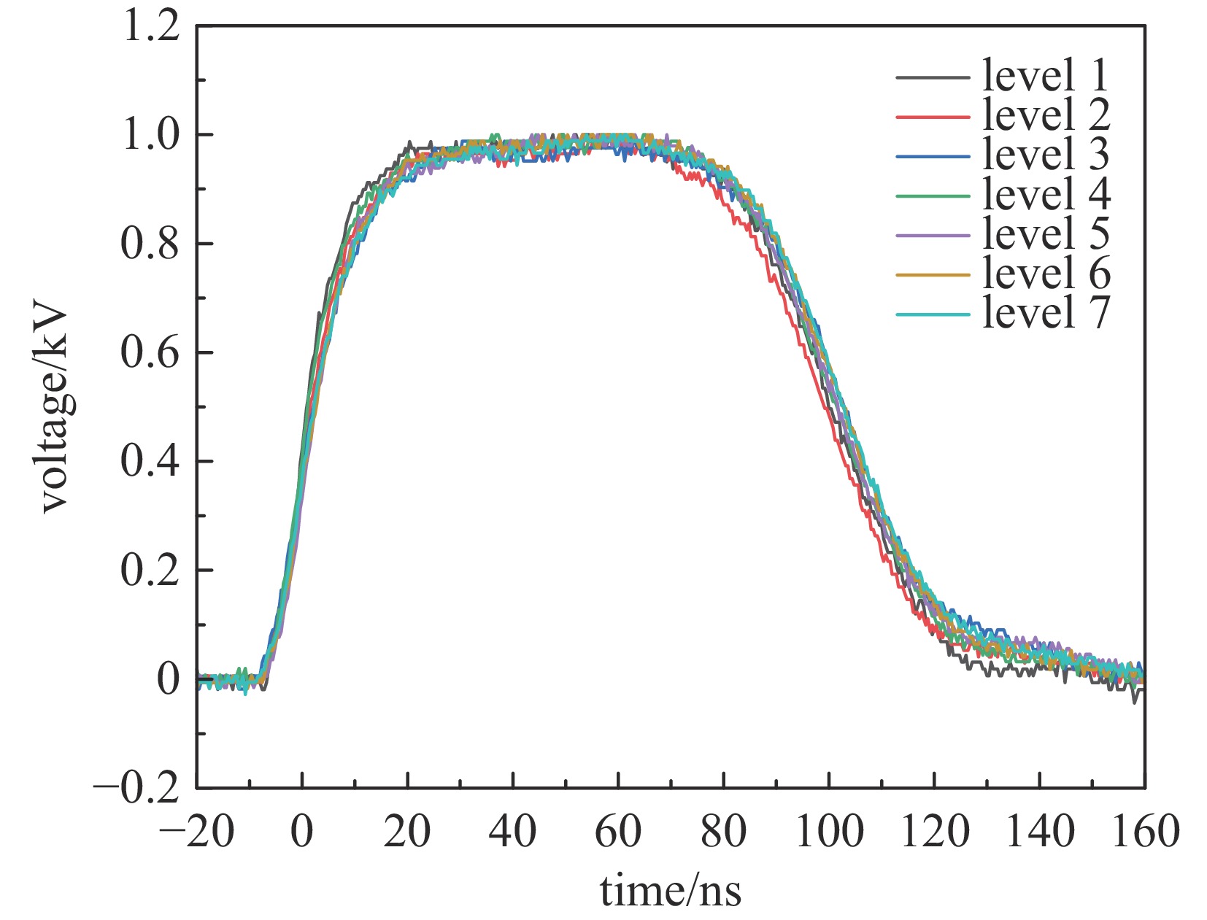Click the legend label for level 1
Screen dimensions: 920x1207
pos(1045,76)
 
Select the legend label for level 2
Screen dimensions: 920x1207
pos(1045,115)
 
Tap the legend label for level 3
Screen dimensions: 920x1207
pos(1045,155)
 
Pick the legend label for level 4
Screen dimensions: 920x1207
pos(1045,194)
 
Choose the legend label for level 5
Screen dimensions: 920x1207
pos(1045,233)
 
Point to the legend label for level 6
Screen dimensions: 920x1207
pos(1045,273)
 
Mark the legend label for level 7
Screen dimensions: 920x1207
pos(1045,312)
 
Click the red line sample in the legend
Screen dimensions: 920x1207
pos(933,117)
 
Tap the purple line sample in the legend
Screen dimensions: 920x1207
pos(933,236)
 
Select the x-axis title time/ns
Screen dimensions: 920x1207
pos(671,892)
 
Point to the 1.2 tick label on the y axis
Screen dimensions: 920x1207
pos(150,28)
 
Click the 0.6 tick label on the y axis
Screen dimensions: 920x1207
pos(150,354)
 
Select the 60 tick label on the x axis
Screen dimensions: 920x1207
pos(618,832)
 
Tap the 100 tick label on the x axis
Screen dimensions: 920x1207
pos(829,832)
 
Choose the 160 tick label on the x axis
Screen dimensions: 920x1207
pos(1143,832)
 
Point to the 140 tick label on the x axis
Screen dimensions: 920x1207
pos(1039,832)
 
